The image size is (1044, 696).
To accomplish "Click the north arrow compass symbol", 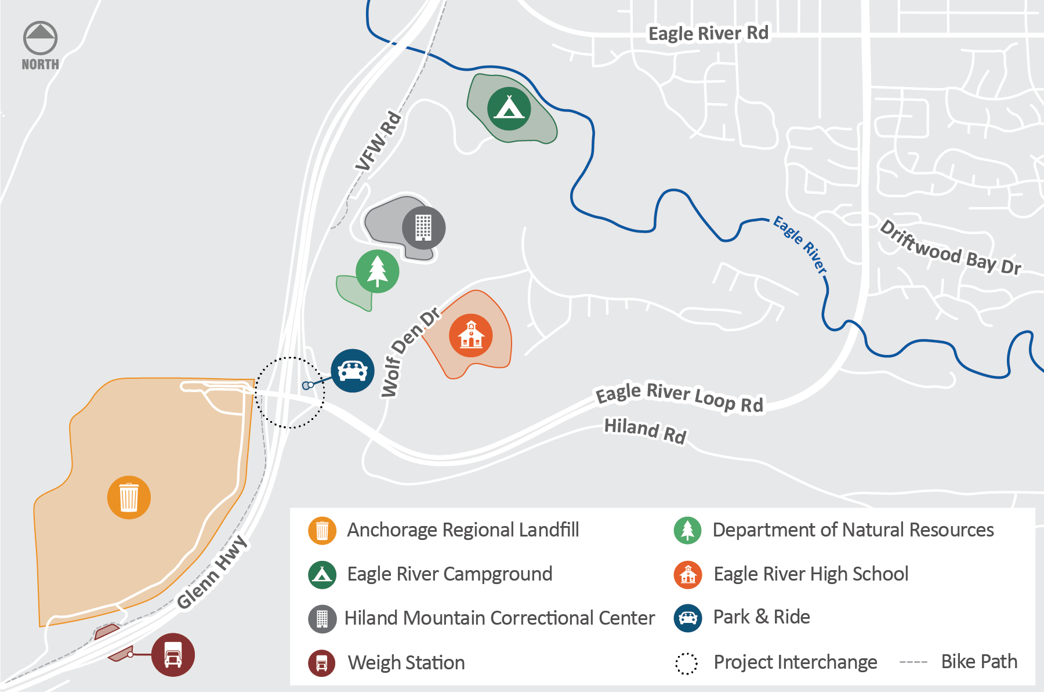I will (40, 39).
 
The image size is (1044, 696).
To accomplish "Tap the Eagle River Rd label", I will (708, 33).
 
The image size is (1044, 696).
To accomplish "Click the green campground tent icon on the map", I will (509, 108).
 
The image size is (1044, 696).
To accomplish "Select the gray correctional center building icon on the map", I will (423, 227).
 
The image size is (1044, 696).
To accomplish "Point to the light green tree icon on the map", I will (377, 271).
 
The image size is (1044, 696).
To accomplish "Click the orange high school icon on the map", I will (471, 335).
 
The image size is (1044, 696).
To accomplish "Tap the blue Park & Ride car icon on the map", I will (353, 371).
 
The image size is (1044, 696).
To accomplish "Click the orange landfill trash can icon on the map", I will (129, 497).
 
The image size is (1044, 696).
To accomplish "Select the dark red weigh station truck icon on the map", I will (173, 655).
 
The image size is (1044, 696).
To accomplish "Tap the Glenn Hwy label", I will (212, 572).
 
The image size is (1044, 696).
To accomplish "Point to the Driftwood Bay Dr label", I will (950, 248).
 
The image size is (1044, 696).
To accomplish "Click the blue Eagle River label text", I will (800, 244).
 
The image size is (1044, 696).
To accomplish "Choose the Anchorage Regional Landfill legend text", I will (463, 530).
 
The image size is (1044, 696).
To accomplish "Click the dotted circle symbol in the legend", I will (687, 664).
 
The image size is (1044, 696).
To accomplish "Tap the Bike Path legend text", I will (979, 662).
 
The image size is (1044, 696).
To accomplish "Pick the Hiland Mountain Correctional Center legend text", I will (499, 618).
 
